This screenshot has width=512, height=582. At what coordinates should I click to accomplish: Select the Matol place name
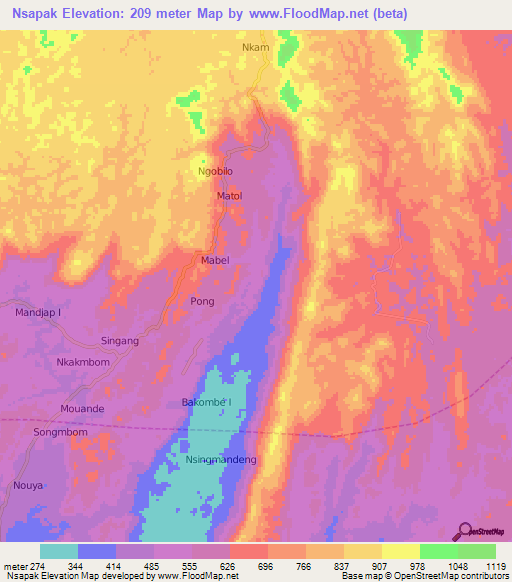pos(230,197)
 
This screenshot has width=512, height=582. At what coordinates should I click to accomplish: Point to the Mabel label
pos(216,260)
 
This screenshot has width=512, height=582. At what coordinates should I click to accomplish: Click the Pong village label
pos(202,300)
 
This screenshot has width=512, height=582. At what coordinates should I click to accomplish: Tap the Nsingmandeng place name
pos(222,460)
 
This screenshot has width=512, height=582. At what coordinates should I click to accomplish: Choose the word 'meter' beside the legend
pos(17,565)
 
